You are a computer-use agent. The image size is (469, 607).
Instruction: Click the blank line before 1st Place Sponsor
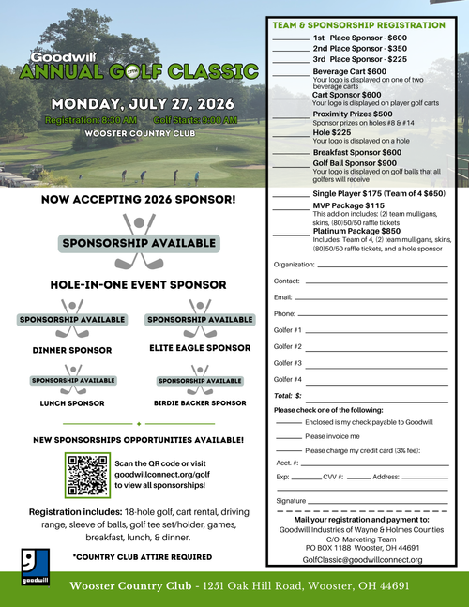290,38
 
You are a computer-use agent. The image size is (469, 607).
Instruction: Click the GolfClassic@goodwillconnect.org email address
362,559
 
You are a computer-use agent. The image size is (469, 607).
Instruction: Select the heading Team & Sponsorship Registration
357,25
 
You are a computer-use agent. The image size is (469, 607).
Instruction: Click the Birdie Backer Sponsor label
200,403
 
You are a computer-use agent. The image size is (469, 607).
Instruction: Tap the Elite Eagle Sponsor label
200,348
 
